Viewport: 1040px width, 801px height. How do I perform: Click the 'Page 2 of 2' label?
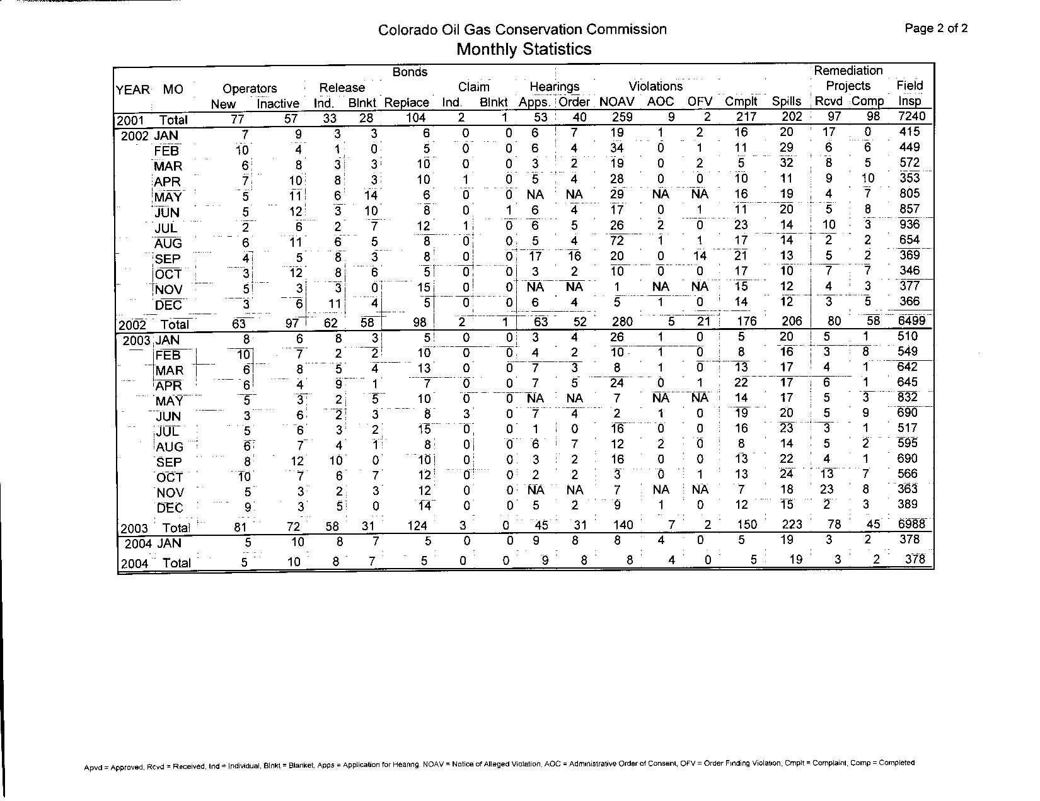point(936,28)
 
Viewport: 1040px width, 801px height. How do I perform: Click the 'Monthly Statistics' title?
point(523,49)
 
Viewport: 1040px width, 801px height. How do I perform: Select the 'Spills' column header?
point(786,101)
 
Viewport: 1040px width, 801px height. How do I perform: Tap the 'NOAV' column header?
point(616,101)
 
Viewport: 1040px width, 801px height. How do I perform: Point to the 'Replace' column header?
point(407,103)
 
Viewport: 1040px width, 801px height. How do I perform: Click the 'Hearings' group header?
point(554,86)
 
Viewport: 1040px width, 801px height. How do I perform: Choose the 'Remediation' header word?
point(848,71)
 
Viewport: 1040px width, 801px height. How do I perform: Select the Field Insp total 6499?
point(911,321)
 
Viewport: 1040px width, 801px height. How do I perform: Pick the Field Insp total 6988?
point(911,525)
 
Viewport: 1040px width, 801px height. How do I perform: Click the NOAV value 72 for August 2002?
point(616,240)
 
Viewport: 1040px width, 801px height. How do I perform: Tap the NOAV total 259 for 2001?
point(621,117)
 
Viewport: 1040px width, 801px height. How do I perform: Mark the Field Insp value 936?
point(910,225)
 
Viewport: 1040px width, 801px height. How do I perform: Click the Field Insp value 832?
point(908,397)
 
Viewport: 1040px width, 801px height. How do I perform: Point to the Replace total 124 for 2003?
point(417,526)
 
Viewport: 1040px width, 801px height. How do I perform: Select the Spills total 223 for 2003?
point(792,525)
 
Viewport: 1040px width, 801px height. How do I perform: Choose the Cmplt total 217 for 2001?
point(746,117)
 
